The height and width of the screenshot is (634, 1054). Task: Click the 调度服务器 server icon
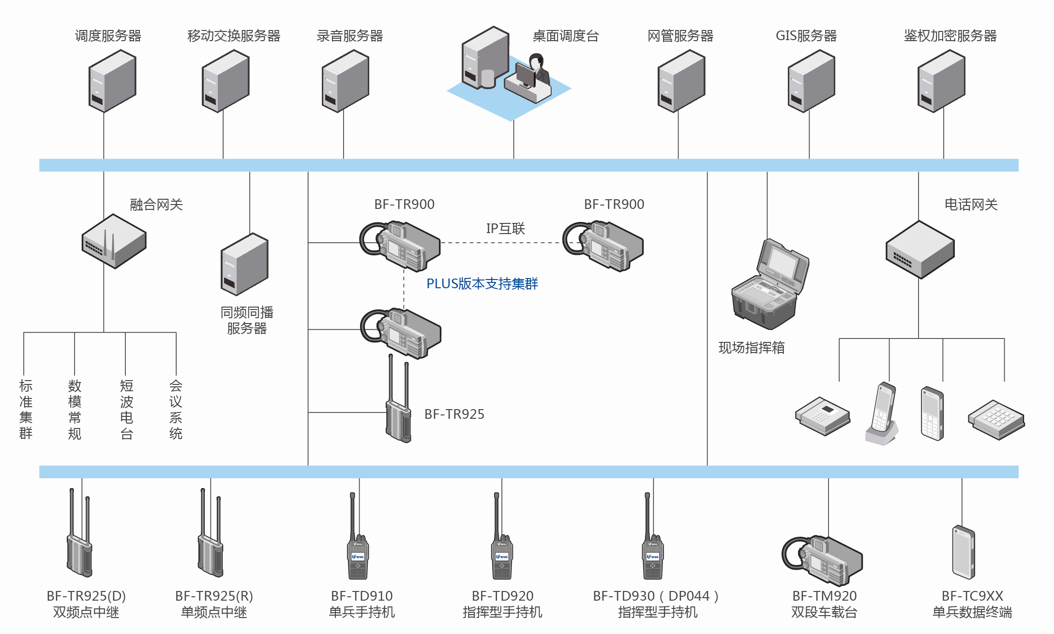[112, 81]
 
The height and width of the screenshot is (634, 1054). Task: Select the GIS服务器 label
[806, 36]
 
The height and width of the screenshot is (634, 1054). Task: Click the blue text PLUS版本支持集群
[482, 284]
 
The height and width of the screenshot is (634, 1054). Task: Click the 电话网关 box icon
[919, 250]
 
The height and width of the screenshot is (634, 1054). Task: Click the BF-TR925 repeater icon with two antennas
[398, 406]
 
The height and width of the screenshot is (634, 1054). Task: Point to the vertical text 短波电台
[126, 409]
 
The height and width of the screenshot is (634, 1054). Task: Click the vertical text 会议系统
[176, 409]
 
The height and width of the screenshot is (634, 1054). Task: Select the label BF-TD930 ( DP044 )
[655, 596]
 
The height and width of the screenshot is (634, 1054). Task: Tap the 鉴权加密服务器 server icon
[941, 81]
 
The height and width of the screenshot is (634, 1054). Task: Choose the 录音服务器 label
[349, 36]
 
